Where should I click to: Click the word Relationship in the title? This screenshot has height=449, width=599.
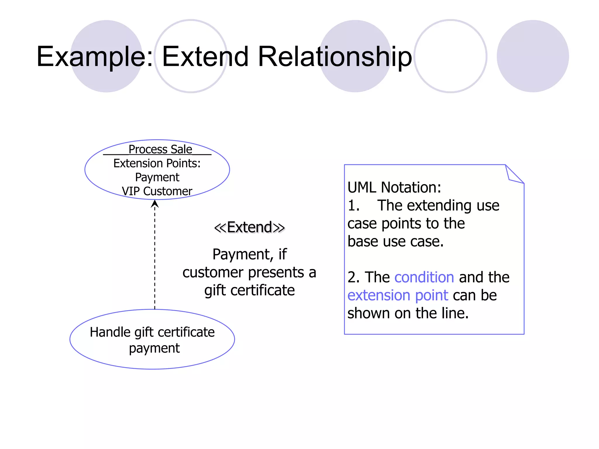(x=335, y=57)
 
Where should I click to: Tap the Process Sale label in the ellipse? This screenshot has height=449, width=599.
(x=160, y=149)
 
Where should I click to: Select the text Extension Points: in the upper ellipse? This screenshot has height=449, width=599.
(x=157, y=163)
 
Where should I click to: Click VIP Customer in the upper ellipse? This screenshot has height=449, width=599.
(x=157, y=191)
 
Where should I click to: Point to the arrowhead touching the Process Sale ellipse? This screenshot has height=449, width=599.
(x=155, y=204)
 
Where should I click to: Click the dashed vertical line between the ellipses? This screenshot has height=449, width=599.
(x=155, y=257)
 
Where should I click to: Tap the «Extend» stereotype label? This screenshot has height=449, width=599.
(x=249, y=227)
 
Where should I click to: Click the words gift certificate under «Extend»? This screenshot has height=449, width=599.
(x=249, y=290)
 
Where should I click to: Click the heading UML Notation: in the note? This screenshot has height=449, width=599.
(x=394, y=187)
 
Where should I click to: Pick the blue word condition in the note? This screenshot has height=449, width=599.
(x=424, y=277)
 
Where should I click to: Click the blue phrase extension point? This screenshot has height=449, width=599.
(x=397, y=295)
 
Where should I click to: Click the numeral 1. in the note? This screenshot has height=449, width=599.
(x=353, y=205)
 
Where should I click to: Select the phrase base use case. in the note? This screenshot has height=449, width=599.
(x=395, y=241)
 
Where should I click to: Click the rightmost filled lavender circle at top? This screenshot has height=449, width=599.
(x=533, y=56)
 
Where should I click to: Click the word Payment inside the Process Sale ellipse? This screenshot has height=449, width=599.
(x=157, y=177)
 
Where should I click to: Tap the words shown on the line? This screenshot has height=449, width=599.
(x=408, y=313)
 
